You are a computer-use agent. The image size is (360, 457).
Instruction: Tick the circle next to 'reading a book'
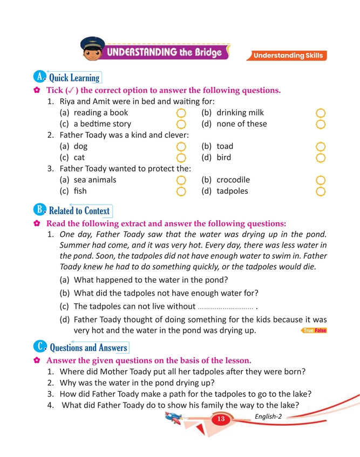[x=181, y=113]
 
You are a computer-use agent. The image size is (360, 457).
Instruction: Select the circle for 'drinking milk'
[x=320, y=113]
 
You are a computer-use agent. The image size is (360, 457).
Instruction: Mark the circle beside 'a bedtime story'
[x=181, y=125]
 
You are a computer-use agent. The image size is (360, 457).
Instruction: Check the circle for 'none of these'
[x=320, y=125]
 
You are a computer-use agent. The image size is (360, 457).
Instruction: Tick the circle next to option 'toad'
[x=320, y=147]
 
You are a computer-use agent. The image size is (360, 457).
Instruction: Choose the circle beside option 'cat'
[x=181, y=158]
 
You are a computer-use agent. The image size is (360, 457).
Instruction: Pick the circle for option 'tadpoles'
[x=320, y=191]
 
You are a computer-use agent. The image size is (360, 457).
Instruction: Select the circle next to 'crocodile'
[x=320, y=180]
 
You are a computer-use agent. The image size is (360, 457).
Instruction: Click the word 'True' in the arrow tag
[x=308, y=330]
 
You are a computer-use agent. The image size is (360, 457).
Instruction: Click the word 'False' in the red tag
[x=321, y=330]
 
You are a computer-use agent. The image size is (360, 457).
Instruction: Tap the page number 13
[x=221, y=419]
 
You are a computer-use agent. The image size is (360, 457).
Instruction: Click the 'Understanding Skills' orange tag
[x=288, y=56]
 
